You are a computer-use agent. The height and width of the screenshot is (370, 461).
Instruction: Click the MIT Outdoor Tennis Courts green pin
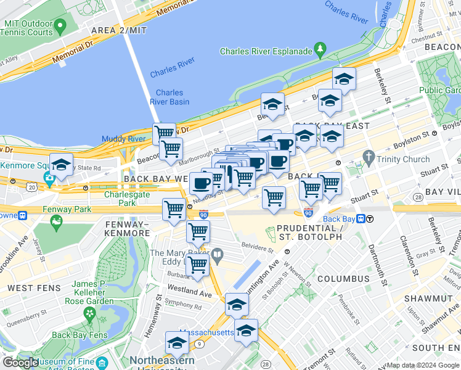point(60,27)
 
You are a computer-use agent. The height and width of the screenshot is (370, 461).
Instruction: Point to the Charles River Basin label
point(169,97)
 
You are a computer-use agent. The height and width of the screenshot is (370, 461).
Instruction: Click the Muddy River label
point(123,139)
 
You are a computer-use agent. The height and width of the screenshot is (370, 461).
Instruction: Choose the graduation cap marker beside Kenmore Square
point(61,165)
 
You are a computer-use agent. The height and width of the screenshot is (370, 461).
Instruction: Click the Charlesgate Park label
point(120,198)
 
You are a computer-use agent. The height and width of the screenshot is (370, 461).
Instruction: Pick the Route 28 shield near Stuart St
point(418,197)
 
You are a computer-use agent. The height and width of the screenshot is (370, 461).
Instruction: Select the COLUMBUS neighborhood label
point(343,279)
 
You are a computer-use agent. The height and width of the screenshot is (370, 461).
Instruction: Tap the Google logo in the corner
point(20,363)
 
